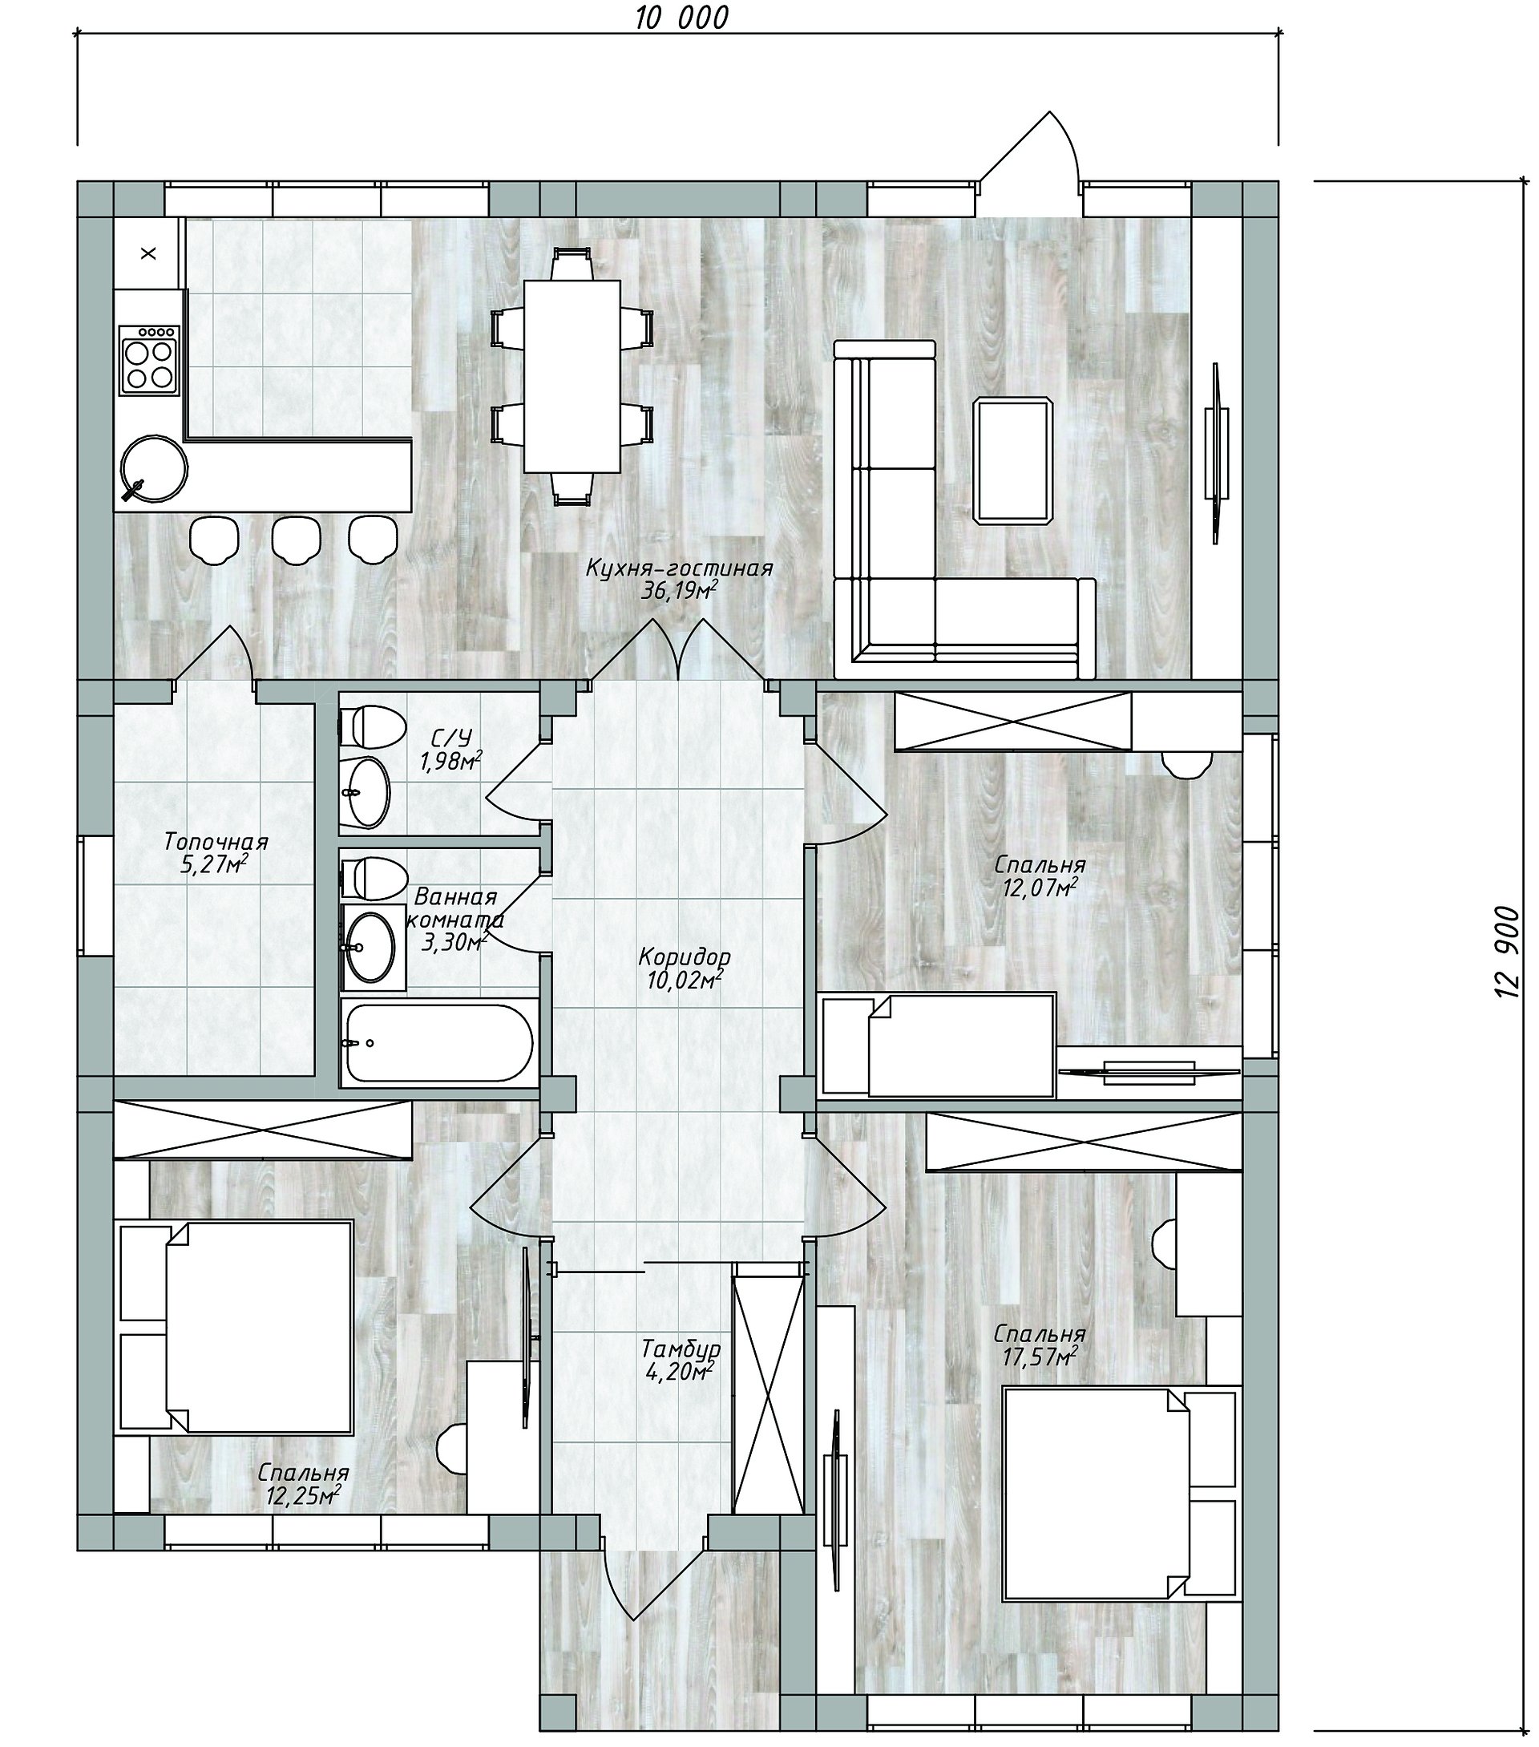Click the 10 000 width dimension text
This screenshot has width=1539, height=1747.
[681, 17]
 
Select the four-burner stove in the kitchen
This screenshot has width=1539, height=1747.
[151, 359]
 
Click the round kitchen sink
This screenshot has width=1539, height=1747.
[154, 468]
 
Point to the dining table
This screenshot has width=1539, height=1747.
[572, 376]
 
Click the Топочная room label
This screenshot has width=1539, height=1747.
[216, 842]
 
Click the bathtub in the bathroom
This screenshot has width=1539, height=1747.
[439, 1043]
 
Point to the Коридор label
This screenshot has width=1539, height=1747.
[685, 957]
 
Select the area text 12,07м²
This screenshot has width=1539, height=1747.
[1039, 888]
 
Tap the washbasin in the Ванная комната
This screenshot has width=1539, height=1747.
[370, 946]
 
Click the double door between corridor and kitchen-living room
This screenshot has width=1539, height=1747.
[678, 651]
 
